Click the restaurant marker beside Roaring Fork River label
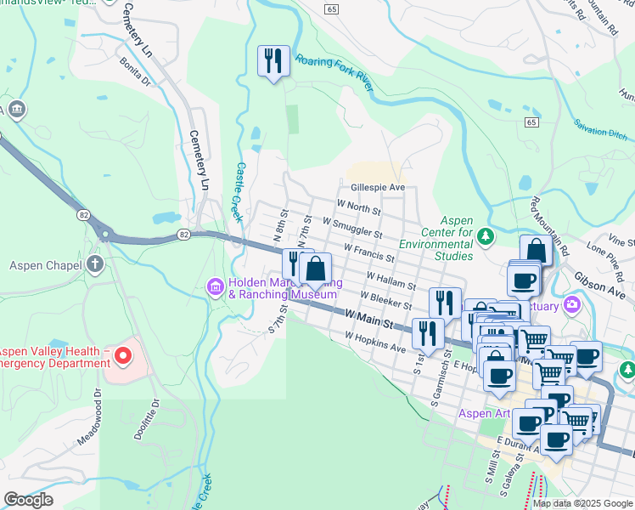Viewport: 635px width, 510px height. (273, 61)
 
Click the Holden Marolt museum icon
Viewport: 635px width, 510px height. (216, 288)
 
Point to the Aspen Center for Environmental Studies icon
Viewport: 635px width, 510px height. (485, 236)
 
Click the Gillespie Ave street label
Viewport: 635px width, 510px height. (377, 187)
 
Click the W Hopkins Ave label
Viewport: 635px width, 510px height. (374, 342)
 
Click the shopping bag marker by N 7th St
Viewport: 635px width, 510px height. (315, 269)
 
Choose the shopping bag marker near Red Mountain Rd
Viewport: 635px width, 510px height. (536, 251)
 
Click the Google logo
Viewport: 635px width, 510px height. (28, 500)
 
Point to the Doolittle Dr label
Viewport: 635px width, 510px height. (145, 419)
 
